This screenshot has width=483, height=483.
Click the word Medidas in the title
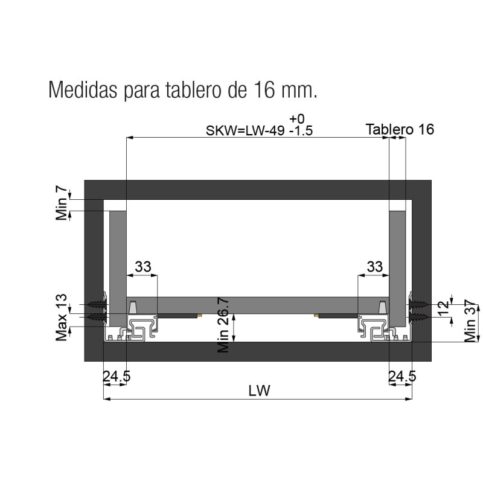click(83, 89)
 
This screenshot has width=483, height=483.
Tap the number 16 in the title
click(264, 89)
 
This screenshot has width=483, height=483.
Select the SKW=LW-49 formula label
click(245, 130)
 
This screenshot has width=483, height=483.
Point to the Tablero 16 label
click(400, 129)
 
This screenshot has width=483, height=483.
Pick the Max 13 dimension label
click(62, 318)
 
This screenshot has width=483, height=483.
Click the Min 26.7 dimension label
click(223, 325)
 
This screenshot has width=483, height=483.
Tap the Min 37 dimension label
click(470, 321)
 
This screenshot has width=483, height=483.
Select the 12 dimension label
click(443, 309)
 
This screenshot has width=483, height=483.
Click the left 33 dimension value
click(143, 267)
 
